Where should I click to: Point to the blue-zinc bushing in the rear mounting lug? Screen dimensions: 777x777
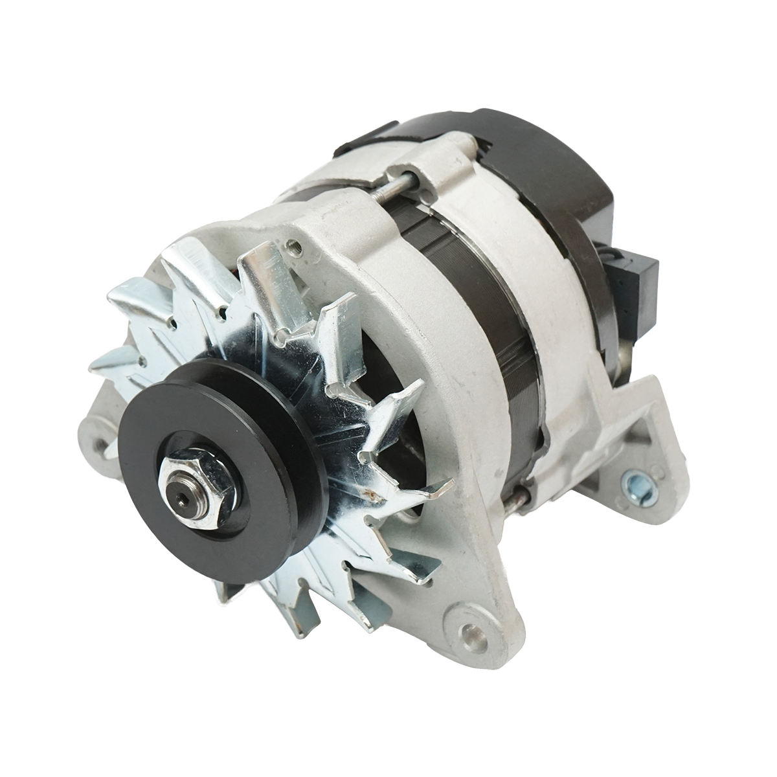coord(631,482)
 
